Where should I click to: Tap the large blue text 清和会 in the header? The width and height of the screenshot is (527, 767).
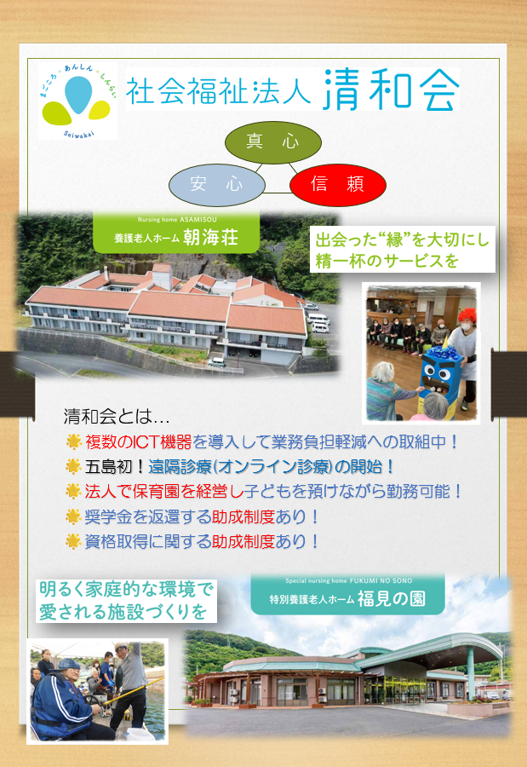(x=391, y=89)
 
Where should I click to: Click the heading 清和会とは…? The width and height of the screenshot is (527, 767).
(x=116, y=418)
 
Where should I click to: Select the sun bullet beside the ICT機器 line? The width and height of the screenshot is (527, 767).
(x=73, y=442)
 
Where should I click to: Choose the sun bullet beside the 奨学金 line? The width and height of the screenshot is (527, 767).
(x=73, y=516)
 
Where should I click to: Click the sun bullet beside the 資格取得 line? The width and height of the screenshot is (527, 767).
(x=73, y=541)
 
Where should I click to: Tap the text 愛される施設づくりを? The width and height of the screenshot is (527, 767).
(x=124, y=611)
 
